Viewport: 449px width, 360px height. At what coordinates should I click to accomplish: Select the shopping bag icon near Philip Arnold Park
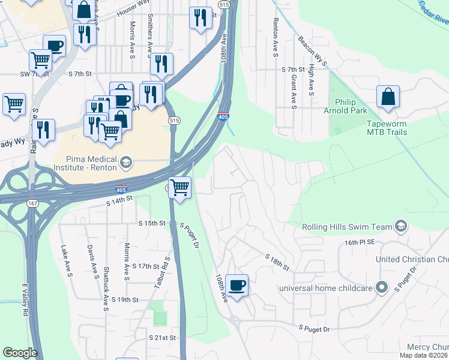388,97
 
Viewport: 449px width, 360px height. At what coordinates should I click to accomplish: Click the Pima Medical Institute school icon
125,162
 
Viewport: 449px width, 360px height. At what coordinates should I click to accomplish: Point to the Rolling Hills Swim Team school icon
402,227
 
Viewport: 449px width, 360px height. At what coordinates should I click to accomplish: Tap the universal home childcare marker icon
381,288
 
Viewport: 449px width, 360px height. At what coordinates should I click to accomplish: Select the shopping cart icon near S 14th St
180,188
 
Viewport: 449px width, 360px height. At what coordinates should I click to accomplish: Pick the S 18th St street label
277,261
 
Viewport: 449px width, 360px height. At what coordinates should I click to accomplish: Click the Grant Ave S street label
294,92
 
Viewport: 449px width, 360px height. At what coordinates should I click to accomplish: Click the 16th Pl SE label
360,242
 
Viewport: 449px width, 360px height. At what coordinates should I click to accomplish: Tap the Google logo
20,353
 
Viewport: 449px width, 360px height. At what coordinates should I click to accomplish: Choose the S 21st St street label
164,338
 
